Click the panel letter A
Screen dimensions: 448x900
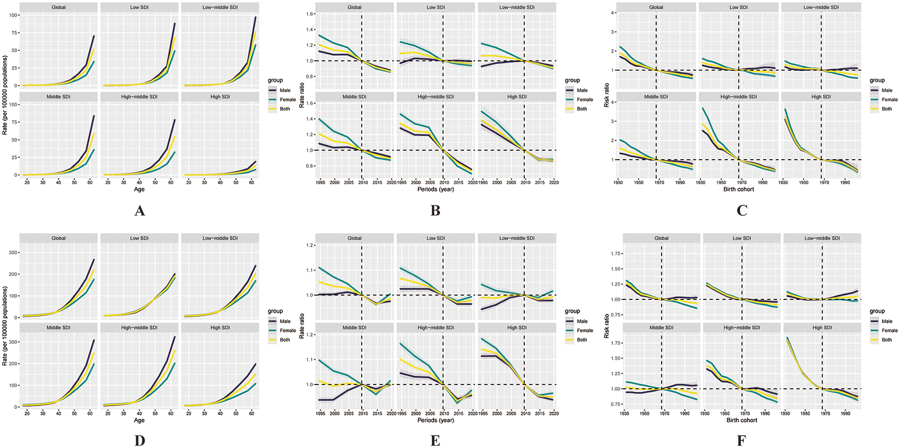139,211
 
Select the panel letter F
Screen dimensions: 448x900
741,440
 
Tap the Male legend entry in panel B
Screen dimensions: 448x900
582,90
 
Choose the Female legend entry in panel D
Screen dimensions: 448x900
288,330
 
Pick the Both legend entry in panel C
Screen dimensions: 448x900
887,109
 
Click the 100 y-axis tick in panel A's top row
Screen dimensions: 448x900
13,15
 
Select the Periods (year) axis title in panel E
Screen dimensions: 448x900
435,420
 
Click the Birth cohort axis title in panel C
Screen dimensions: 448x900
738,189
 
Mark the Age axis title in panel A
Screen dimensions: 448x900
139,189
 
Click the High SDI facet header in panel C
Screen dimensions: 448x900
821,97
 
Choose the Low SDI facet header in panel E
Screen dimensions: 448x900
435,238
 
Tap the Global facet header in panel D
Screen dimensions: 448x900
58,238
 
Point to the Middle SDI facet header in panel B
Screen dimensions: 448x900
354,97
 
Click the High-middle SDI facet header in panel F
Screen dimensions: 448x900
742,328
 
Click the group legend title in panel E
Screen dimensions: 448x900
572,311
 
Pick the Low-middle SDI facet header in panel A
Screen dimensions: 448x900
220,7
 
